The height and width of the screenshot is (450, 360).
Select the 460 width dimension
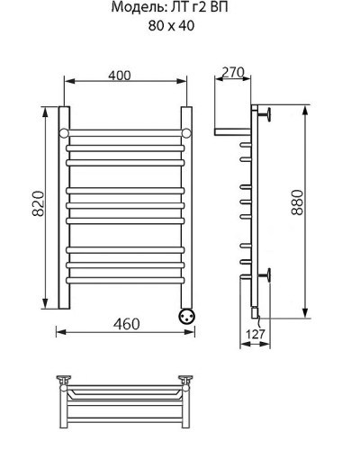tap(126, 323)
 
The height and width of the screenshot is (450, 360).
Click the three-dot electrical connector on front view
tap(187, 316)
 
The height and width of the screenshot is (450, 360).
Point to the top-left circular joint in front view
tap(65, 134)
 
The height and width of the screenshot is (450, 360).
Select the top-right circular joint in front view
tap(187, 134)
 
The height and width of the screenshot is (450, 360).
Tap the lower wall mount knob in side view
tap(267, 274)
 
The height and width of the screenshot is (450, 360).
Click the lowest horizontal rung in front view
tap(126, 278)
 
